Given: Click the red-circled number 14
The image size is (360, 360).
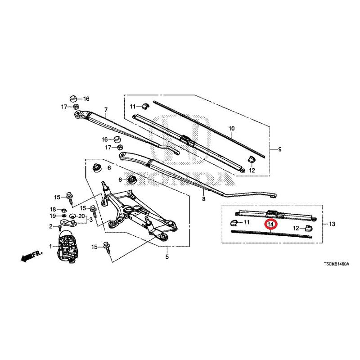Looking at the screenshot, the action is [x=271, y=224].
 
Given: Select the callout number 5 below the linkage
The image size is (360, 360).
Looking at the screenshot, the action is [x=167, y=256].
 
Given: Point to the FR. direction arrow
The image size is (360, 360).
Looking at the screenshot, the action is [x=31, y=256].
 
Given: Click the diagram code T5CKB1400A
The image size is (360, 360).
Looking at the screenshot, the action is [x=336, y=264].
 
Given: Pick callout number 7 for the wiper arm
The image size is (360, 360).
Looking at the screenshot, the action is [x=106, y=110].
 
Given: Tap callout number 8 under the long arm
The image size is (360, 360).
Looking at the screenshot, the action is [x=204, y=199].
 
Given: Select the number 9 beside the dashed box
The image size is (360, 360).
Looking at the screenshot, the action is [x=279, y=149].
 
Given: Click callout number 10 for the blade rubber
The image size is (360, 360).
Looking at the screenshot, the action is [x=232, y=128].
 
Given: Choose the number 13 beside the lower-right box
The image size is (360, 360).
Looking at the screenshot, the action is [x=332, y=224].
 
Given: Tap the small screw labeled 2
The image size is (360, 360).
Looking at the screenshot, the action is [x=60, y=228].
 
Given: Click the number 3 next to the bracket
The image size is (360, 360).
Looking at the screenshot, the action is [x=91, y=220].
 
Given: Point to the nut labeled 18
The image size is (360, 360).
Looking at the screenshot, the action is [x=64, y=210].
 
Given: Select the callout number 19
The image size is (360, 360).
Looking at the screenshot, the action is [x=53, y=216].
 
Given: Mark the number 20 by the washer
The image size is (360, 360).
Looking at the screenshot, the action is [x=81, y=216].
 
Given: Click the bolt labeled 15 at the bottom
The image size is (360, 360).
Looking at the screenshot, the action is [x=108, y=248].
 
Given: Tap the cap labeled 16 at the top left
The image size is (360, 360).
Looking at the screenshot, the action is [x=73, y=99].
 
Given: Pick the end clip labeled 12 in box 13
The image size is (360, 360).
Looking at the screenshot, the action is [x=309, y=228].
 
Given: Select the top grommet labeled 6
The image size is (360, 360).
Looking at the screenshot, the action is [x=97, y=168].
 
